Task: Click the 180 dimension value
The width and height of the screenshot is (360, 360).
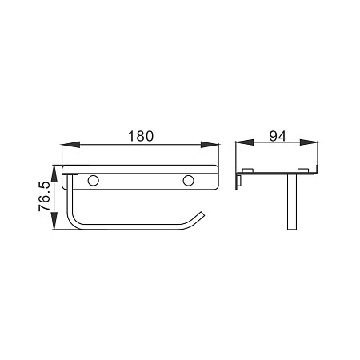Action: point(141,136)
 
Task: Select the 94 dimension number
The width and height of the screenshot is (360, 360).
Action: point(278,136)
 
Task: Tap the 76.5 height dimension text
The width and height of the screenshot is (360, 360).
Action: point(44,197)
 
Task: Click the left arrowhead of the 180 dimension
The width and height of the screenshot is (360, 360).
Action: point(70,145)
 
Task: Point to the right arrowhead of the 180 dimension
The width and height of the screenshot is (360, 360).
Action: point(210,145)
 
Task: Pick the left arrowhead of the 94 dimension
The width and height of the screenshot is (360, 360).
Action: point(244,142)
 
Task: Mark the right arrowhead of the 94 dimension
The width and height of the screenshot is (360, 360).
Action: point(309,142)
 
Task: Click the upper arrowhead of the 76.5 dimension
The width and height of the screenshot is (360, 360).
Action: point(54,174)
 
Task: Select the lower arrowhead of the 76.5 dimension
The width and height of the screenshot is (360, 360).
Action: point(54,221)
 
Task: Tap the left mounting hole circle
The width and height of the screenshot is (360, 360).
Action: point(94,181)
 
